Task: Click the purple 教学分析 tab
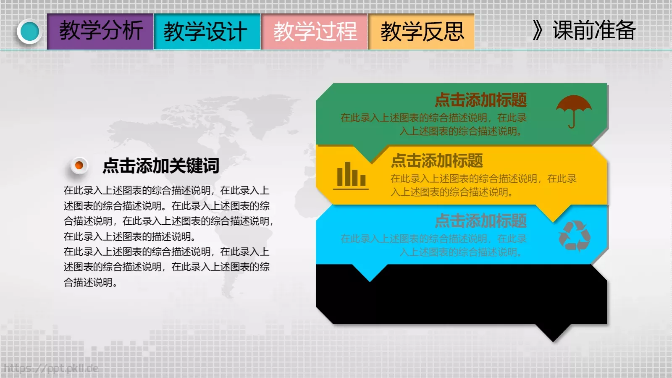pos(100,31)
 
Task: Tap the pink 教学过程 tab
pos(315,31)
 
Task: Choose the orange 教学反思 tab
pos(422,31)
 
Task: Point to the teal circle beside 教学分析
pos(29,31)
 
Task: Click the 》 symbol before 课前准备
pos(537,30)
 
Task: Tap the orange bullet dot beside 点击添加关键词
pos(79,165)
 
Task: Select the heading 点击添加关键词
pos(161,165)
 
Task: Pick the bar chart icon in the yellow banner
pos(351,175)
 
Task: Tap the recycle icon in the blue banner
pos(574,236)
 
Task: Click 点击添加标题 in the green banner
pos(480,100)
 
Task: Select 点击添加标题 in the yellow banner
pos(437,161)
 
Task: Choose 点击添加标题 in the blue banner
pos(480,221)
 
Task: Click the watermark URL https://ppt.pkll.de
pos(50,369)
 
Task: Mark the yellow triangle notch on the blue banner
pos(554,213)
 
